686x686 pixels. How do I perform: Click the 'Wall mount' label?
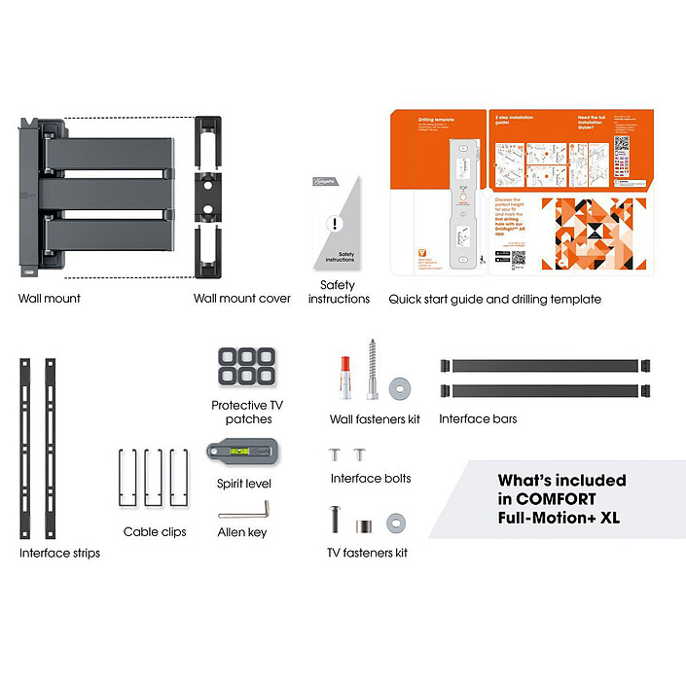49,299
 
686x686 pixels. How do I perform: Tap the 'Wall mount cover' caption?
241,299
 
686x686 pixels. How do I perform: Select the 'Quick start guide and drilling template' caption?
494,299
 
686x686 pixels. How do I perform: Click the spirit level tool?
239,452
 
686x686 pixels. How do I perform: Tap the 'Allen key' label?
242,532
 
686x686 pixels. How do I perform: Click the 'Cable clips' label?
155,532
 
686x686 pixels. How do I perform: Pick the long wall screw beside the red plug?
371,371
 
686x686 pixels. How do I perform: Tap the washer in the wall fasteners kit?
398,387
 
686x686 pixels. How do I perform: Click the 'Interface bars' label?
478,419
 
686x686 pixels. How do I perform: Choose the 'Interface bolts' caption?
371,478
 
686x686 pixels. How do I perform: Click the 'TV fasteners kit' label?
367,553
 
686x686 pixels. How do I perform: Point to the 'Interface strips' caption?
59,553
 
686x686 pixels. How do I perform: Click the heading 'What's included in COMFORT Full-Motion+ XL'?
561,498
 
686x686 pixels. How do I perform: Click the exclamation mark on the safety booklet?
335,224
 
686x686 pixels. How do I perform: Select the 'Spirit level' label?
244,483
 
